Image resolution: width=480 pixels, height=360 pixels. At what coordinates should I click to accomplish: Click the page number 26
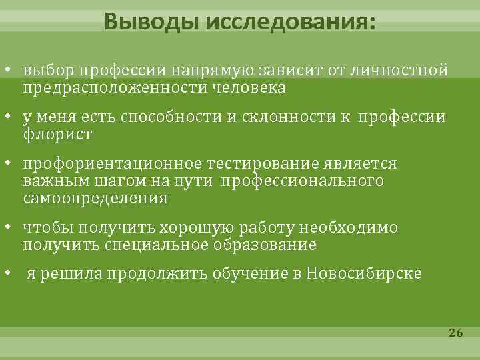coord(456,333)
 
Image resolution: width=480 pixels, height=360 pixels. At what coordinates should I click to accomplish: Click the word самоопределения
coord(95,198)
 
